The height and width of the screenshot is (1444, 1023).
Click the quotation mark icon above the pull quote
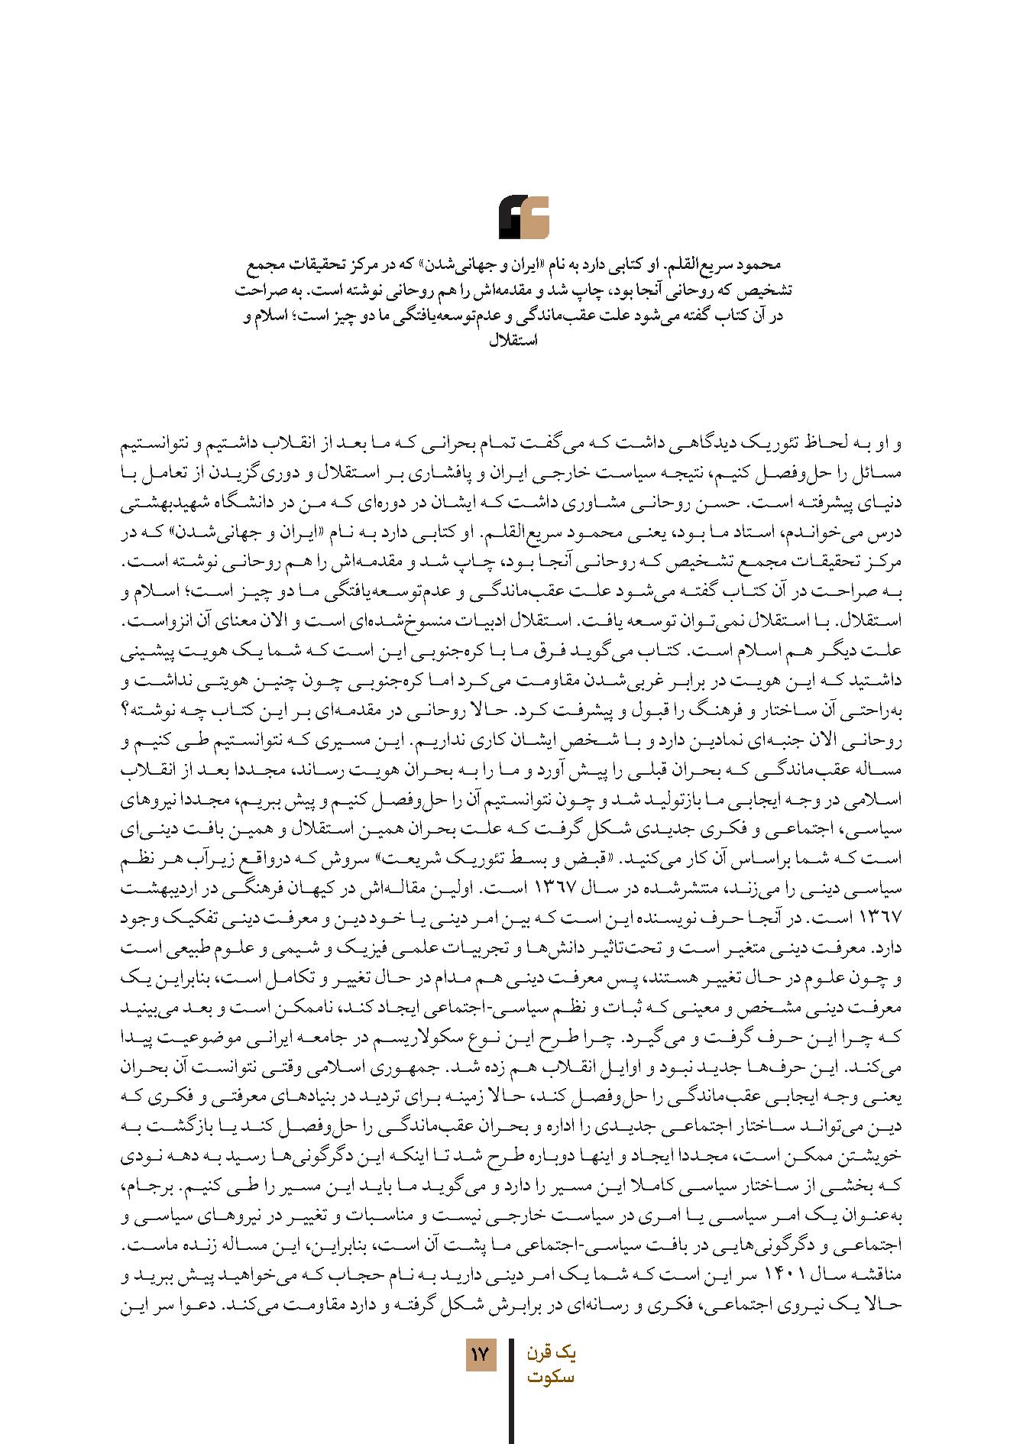(x=524, y=218)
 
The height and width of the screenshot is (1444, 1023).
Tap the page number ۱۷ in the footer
(x=481, y=1355)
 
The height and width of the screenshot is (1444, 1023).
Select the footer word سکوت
(x=551, y=1378)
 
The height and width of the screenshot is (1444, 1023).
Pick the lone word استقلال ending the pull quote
(x=513, y=341)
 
